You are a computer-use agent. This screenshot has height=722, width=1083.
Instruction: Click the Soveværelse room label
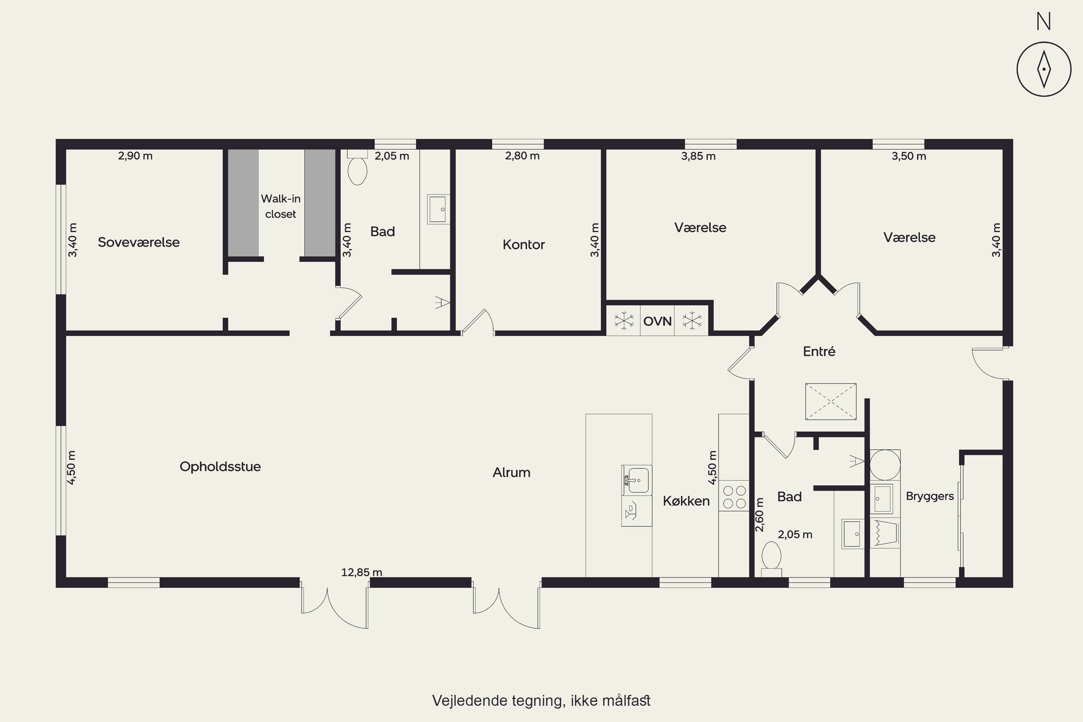[x=139, y=242]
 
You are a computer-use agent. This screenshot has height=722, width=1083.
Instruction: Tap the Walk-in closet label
[x=280, y=206]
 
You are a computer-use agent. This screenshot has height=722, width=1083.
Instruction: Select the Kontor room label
[x=523, y=244]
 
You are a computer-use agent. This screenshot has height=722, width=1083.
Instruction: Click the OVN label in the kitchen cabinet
[x=657, y=321]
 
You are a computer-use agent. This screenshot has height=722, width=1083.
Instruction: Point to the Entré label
[x=819, y=351]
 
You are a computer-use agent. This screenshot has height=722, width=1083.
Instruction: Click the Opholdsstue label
[x=220, y=467]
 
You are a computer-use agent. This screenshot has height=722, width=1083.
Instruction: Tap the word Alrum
[x=511, y=473]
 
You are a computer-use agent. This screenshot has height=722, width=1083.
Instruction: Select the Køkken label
[x=686, y=501]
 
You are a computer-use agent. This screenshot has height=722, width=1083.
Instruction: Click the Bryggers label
[x=930, y=496]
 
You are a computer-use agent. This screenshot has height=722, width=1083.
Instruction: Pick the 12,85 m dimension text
[x=361, y=572]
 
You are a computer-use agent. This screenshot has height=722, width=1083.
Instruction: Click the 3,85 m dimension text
[x=698, y=156]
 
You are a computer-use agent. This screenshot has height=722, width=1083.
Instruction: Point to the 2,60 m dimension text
[x=759, y=514]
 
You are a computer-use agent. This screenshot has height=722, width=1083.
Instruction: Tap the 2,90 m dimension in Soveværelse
[x=135, y=156]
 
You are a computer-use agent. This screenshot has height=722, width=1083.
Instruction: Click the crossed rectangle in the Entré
[x=831, y=401]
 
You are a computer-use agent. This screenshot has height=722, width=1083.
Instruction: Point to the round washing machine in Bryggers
[x=884, y=465]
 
